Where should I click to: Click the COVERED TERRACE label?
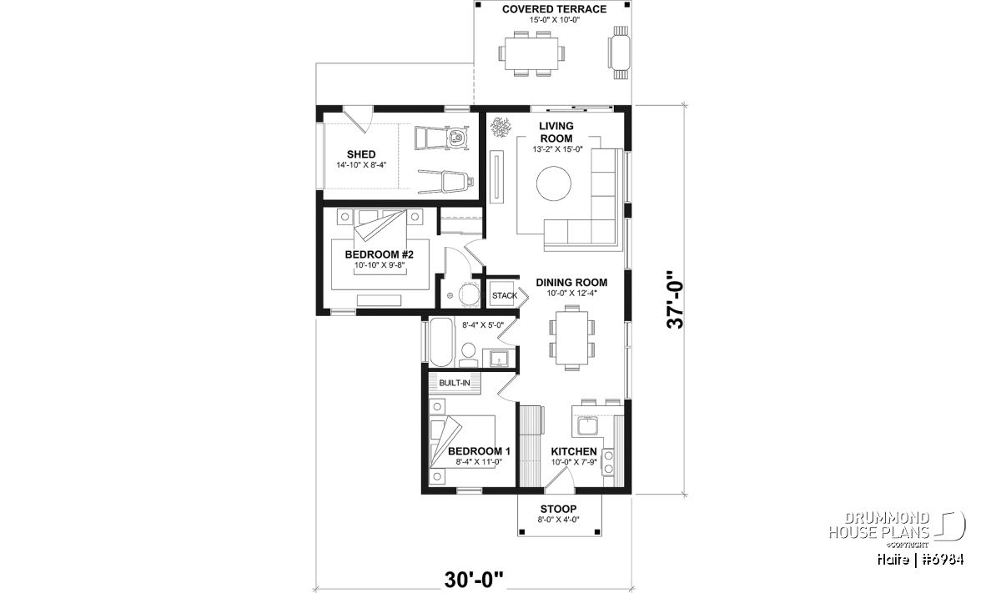[x=554, y=9]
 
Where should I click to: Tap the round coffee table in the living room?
[x=554, y=183]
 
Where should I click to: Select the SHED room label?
[x=361, y=154]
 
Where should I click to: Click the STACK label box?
[x=505, y=295]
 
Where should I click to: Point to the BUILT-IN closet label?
[x=455, y=383]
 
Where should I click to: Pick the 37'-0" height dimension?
[x=675, y=299]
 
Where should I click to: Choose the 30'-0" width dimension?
[x=474, y=580]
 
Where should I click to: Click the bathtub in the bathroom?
[x=441, y=342]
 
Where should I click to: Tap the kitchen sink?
[x=586, y=426]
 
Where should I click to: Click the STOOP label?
[x=558, y=509]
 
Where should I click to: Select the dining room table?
[x=572, y=339]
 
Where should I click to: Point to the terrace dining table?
[x=532, y=53]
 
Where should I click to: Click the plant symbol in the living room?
[x=500, y=127]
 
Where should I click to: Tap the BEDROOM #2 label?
[x=379, y=254]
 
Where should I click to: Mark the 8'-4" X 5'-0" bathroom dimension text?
[x=483, y=325]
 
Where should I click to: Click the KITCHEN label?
[x=574, y=452]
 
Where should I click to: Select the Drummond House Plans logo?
[x=897, y=529]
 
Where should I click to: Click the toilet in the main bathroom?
[x=468, y=354]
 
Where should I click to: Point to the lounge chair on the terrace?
[x=620, y=53]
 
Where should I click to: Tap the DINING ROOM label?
[x=571, y=283]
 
